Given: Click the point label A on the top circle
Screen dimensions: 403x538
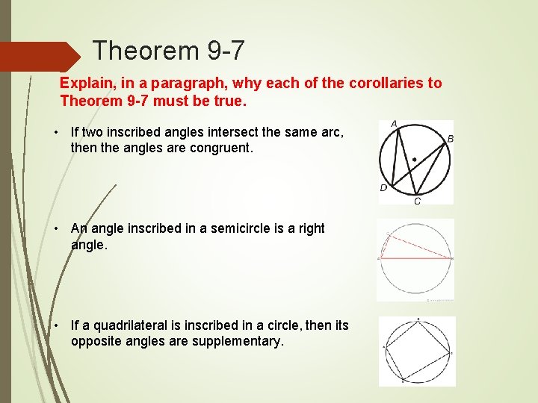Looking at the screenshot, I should (x=394, y=124).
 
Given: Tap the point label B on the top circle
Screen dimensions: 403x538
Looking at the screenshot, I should (x=450, y=139).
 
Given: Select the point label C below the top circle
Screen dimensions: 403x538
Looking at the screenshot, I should (x=417, y=201).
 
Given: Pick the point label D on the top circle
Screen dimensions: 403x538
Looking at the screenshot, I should (x=383, y=188).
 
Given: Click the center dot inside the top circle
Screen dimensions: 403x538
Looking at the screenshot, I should (x=415, y=159).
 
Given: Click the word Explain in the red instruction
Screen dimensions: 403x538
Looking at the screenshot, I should (x=84, y=83).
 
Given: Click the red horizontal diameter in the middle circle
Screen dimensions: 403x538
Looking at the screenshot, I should (x=415, y=258).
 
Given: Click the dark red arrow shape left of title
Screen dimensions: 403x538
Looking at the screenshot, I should (x=37, y=57).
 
